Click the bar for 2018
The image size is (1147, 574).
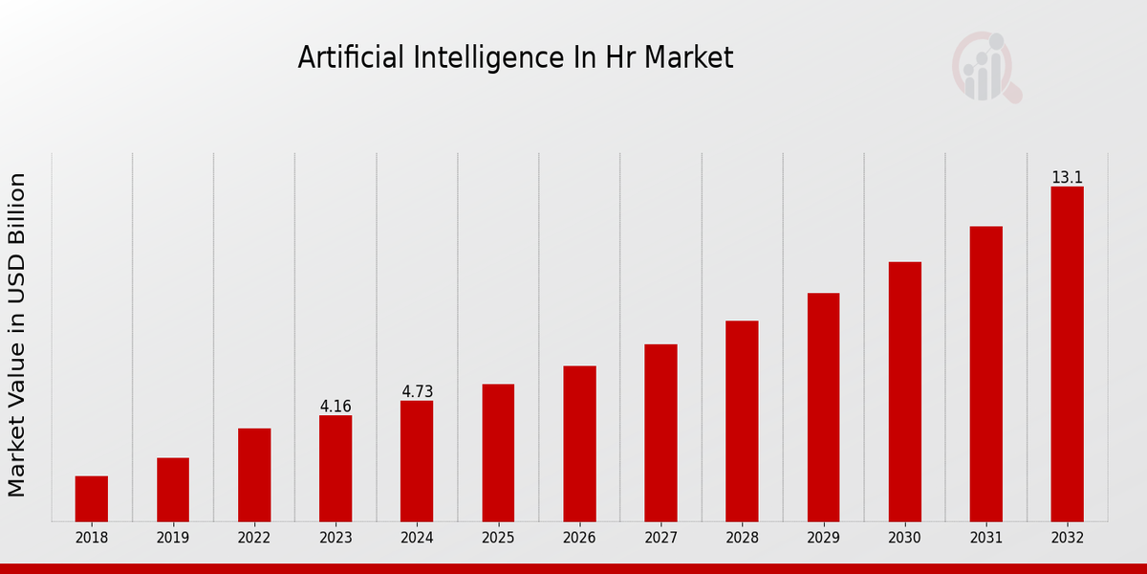click(92, 498)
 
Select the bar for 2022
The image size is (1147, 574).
click(254, 475)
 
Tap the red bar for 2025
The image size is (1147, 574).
click(498, 453)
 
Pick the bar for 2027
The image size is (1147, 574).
click(660, 432)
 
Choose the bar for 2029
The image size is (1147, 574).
click(823, 407)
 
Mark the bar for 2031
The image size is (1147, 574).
click(985, 373)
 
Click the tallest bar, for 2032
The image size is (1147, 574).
click(1067, 354)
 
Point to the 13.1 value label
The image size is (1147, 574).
click(1067, 178)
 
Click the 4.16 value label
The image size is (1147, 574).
click(335, 407)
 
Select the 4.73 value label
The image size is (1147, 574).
click(417, 392)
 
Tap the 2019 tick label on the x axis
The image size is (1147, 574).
click(173, 538)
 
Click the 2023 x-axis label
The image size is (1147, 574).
click(335, 538)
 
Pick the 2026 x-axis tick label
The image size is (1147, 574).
click(579, 538)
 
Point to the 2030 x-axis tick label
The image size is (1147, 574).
click(904, 538)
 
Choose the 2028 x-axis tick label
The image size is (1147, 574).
click(742, 538)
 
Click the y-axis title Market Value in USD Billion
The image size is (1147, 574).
click(17, 335)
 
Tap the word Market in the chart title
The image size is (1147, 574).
click(688, 58)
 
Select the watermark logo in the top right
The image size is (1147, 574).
click(985, 67)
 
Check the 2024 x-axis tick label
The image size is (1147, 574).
click(417, 538)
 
